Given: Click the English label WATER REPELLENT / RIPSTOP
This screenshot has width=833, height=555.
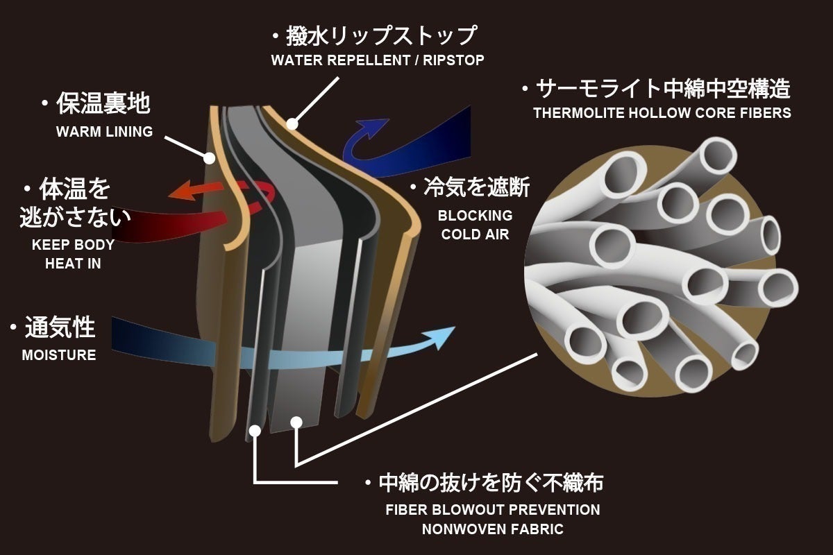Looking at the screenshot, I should click(378, 60).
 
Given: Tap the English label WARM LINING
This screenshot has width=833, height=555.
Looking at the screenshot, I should click(104, 132).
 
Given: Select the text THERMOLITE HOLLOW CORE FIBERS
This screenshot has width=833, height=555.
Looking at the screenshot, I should click(662, 113).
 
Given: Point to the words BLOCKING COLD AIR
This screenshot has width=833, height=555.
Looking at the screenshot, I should click(475, 225).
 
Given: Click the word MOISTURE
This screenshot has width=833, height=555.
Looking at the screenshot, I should click(59, 355).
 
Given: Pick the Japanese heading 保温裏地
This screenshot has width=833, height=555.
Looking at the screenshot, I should click(103, 104).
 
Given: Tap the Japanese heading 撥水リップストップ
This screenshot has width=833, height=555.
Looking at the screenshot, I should click(382, 35).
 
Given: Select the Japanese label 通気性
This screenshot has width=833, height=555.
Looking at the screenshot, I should click(60, 327).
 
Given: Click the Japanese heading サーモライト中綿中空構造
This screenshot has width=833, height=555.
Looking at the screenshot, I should click(664, 89).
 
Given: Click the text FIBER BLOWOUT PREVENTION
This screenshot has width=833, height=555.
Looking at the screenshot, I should click(493, 510).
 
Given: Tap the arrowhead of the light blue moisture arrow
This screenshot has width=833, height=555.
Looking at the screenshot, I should click(443, 338).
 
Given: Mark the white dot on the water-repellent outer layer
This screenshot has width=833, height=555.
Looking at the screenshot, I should click(292, 125).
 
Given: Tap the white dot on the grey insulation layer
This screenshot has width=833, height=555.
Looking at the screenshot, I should click(296, 420).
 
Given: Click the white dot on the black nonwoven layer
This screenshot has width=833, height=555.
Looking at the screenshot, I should click(255, 430).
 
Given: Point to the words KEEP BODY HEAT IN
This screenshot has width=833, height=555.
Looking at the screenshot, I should click(73, 254).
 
